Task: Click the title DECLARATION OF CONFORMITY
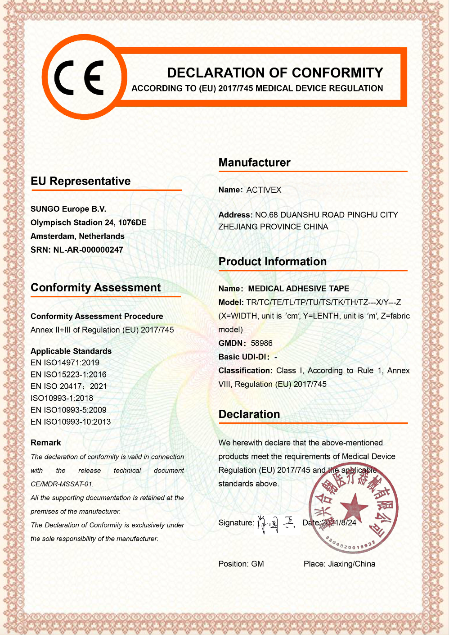[275, 73]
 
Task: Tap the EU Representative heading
[81, 181]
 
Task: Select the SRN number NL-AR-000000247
[88, 250]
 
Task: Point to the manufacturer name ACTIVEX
[264, 190]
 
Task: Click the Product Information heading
[272, 262]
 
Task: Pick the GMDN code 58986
[261, 343]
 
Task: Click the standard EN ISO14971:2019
[65, 363]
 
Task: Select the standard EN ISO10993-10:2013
[71, 422]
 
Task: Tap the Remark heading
[46, 443]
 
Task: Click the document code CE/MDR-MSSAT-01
[62, 484]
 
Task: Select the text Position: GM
[241, 564]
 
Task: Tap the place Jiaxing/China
[351, 564]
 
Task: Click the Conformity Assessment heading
[95, 288]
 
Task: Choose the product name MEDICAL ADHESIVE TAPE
[298, 289]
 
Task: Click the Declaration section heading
[249, 414]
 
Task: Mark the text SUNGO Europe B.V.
[68, 209]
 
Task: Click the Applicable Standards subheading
[71, 351]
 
